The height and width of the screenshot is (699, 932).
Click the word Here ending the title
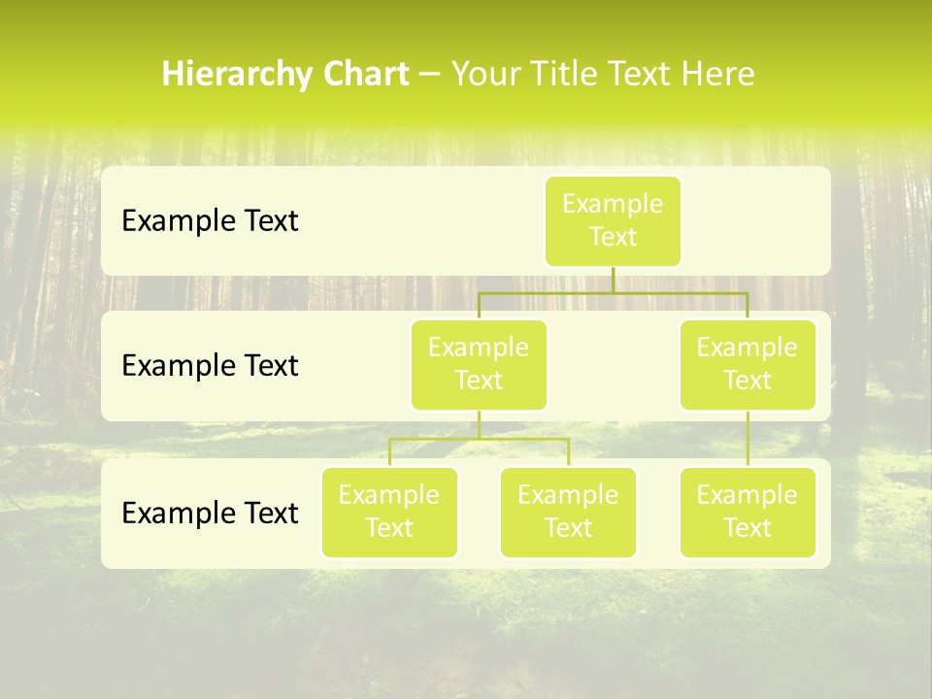pos(717,75)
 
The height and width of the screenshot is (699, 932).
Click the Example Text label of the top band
pos(210,221)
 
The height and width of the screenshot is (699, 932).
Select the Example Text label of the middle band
pos(210,366)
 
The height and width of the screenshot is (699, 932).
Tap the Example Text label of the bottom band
pos(210,513)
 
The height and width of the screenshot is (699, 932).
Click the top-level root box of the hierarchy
pos(613,221)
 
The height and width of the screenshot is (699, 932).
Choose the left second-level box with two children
pos(479,365)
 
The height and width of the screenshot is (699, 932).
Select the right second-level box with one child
pos(748,365)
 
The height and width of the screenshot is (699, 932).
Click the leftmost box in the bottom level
pos(389,513)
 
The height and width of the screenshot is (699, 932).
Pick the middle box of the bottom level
pos(568,513)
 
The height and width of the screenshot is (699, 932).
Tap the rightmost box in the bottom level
pos(748,513)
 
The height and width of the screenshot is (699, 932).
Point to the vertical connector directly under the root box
pos(613,280)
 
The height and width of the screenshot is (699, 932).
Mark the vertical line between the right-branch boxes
pos(748,439)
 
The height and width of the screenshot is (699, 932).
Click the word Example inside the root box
pos(613,204)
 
